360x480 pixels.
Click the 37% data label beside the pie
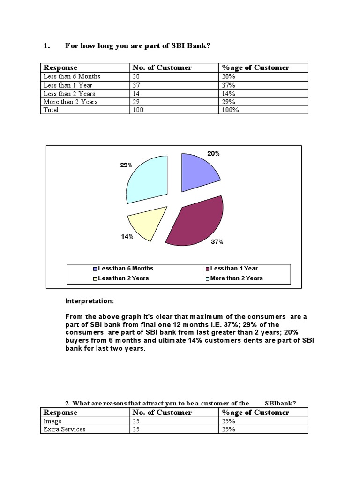217,242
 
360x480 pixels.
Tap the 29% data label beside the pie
126,165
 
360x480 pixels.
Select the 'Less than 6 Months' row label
72,76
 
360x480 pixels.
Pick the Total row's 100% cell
230,110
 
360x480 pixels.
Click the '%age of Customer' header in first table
255,67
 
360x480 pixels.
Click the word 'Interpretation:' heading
90,301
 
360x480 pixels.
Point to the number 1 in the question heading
46,45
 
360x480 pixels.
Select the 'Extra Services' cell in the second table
65,429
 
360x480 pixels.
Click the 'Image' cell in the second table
52,421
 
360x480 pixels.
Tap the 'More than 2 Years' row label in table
70,101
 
